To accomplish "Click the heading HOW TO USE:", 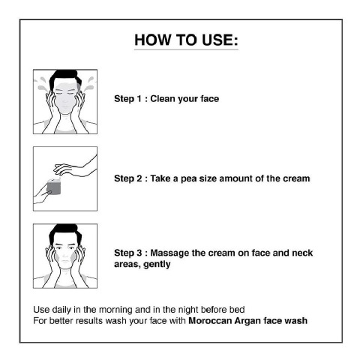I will pyautogui.click(x=186, y=40).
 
